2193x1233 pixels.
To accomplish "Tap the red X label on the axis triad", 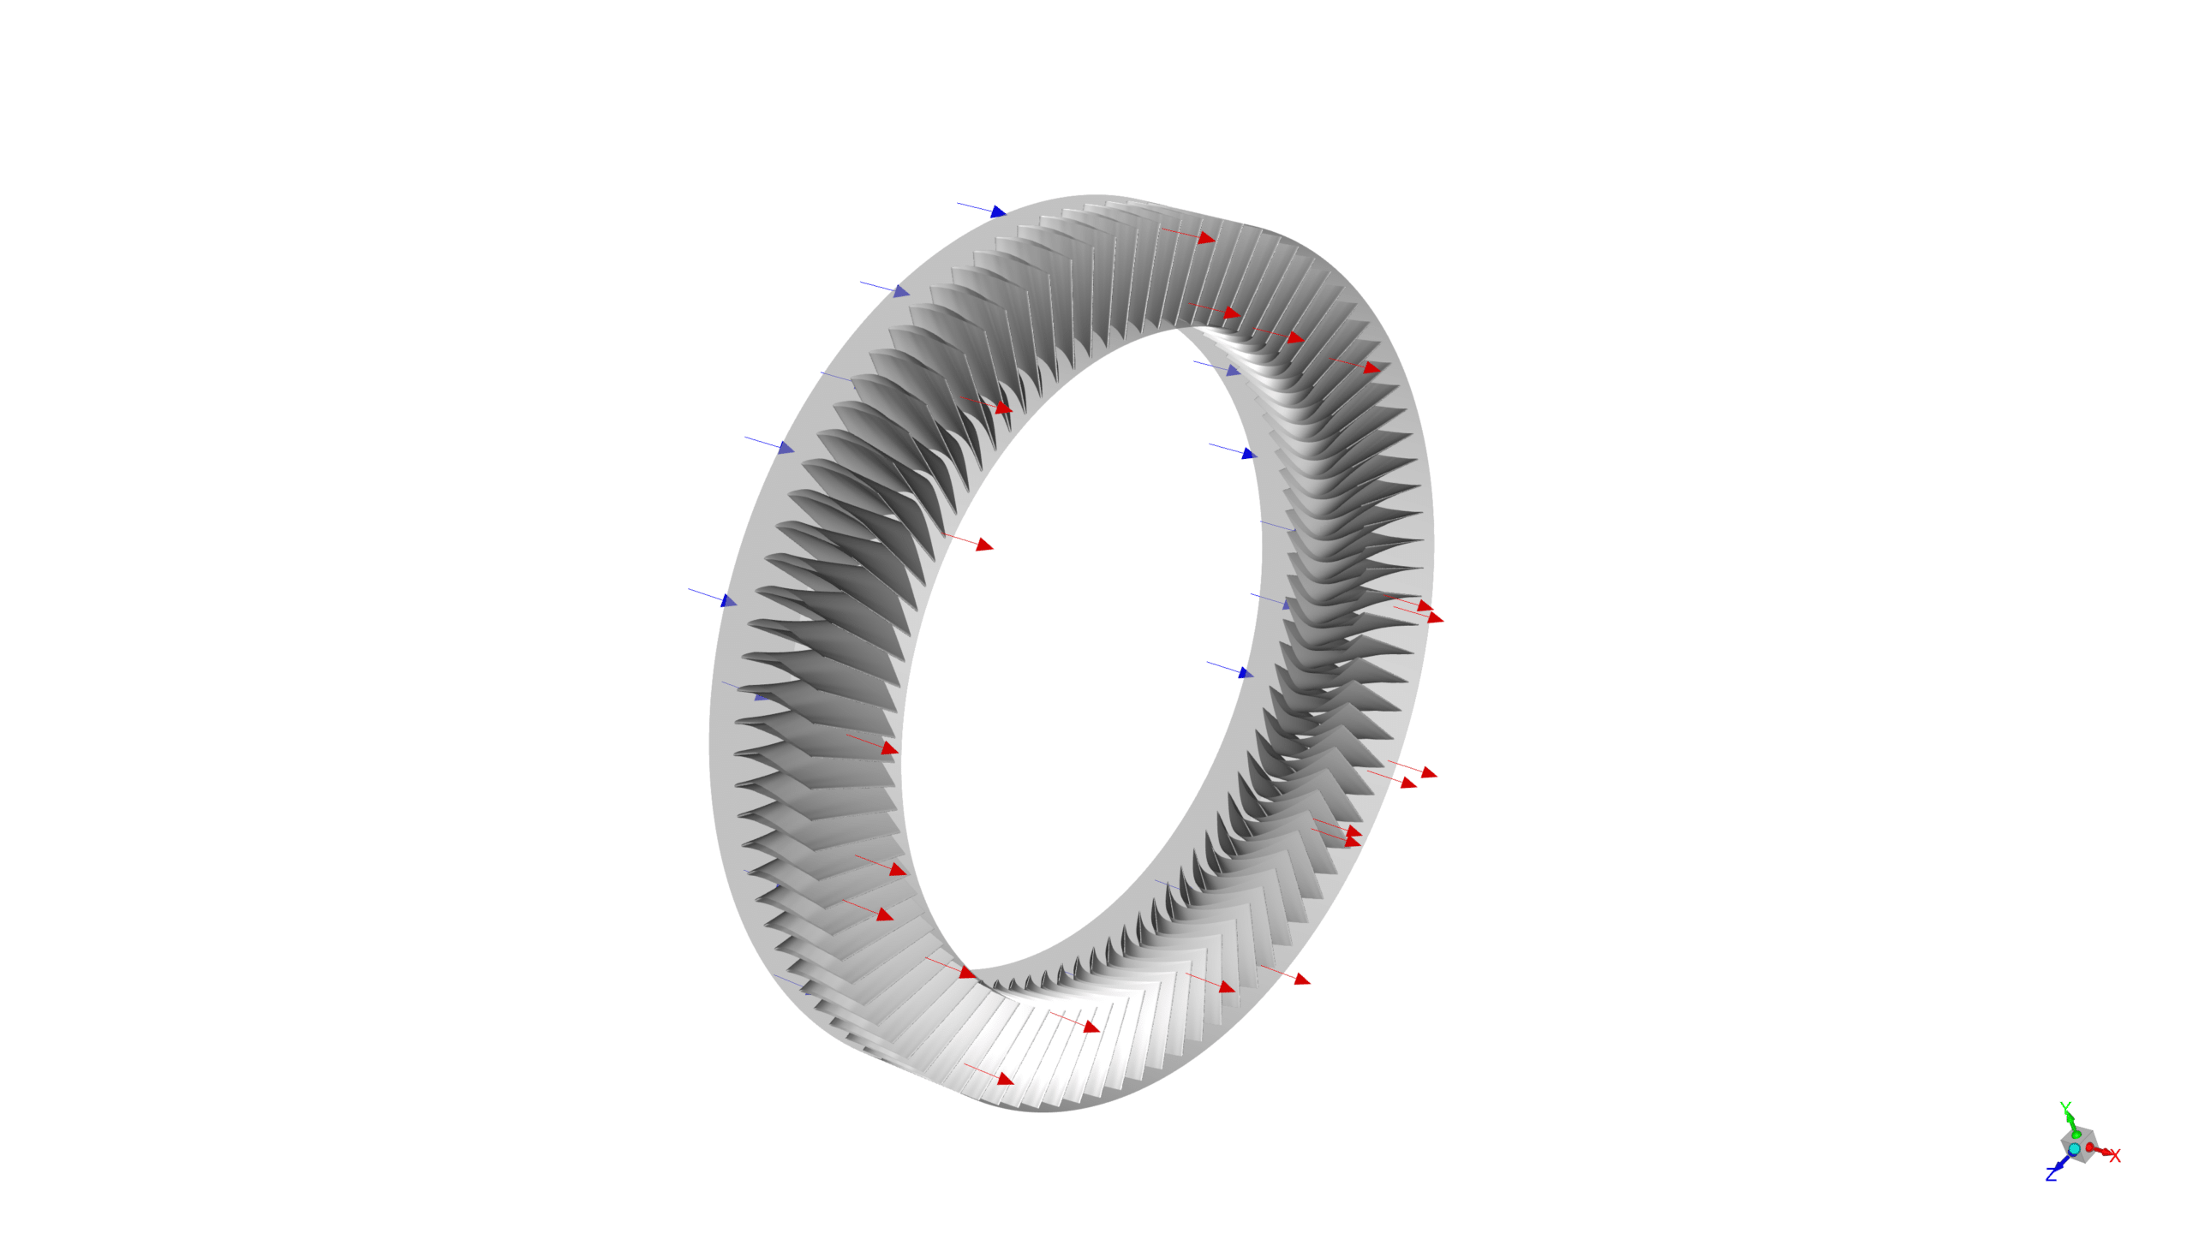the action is [2115, 1156].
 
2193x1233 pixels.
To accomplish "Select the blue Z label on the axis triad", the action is [2051, 1174].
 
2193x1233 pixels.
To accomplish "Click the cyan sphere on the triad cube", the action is [2074, 1149].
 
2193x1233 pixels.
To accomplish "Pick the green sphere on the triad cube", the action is [2076, 1135].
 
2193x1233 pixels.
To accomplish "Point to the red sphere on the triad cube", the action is [2089, 1147].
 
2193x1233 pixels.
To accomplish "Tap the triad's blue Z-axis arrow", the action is [2060, 1164].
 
